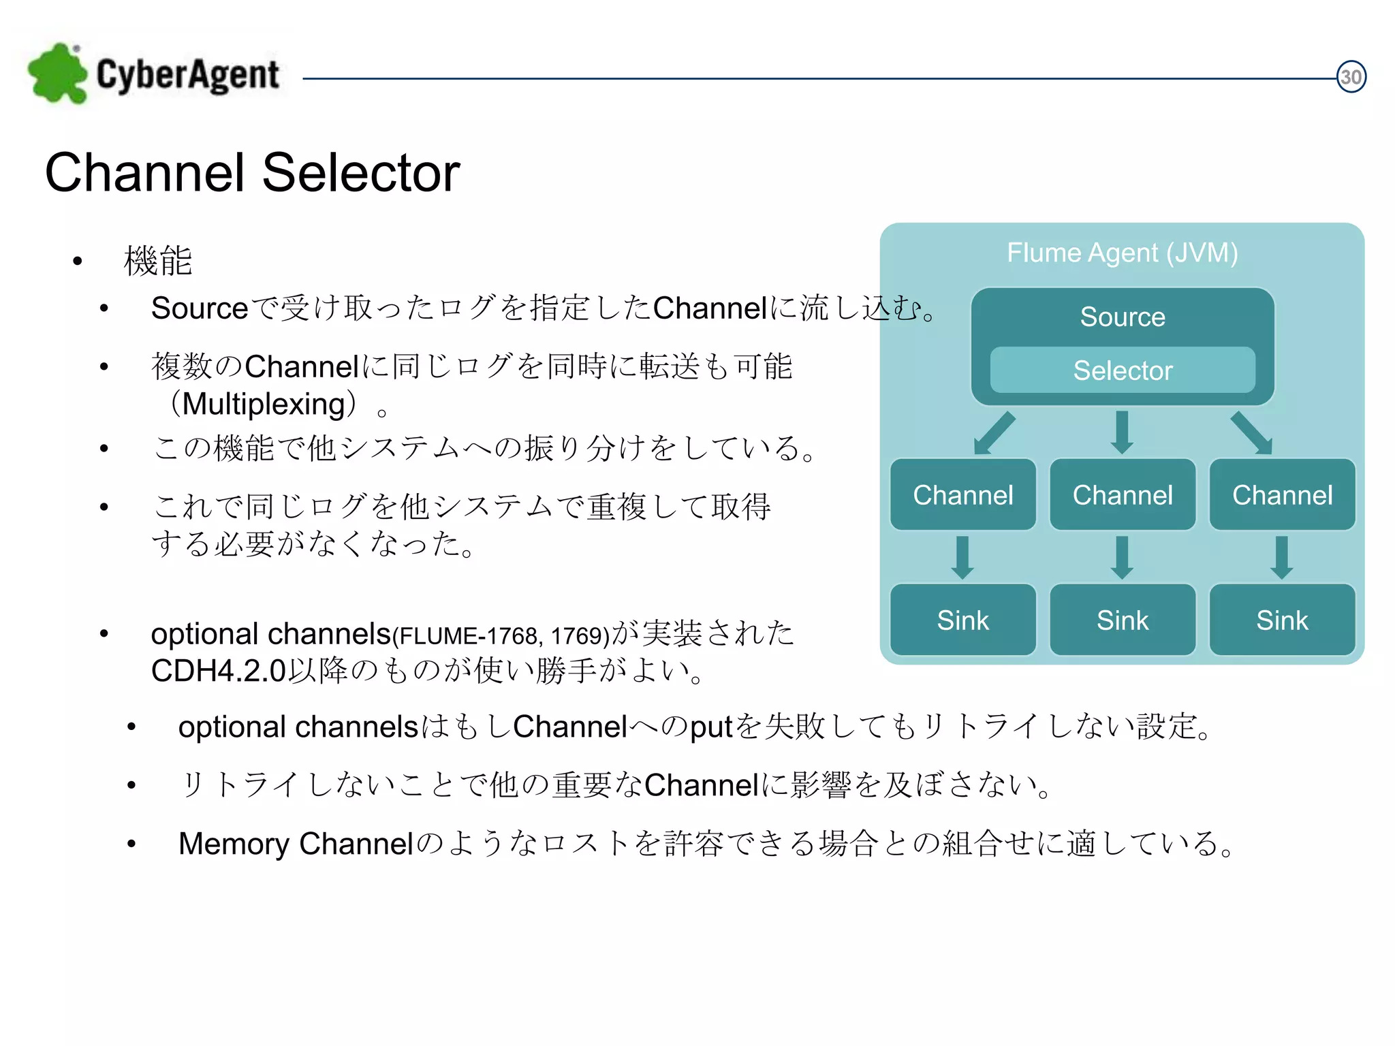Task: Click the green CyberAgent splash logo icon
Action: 57,74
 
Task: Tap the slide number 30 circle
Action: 1351,77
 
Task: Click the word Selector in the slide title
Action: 360,173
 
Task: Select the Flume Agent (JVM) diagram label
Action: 1122,253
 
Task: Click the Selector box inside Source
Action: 1122,370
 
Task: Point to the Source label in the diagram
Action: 1122,317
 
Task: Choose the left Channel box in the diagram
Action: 962,495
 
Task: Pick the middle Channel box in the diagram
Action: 1122,495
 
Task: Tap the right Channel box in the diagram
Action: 1282,495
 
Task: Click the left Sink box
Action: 962,620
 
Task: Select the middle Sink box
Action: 1122,620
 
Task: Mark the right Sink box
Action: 1282,620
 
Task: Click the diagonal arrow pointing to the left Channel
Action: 994,433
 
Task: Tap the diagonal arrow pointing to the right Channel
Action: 1252,433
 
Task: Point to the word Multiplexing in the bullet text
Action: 264,405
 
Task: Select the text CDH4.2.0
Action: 218,671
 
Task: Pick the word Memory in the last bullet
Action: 234,844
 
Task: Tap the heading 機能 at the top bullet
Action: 158,261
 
